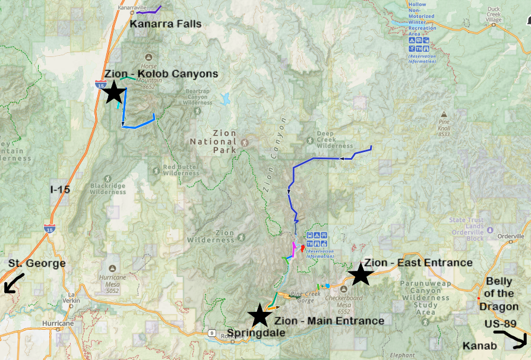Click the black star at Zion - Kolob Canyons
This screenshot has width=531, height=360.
click(x=114, y=93)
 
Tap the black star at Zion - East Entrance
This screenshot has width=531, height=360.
click(x=361, y=274)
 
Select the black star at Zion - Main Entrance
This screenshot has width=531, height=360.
click(x=260, y=315)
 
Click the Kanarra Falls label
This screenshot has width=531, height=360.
click(x=166, y=24)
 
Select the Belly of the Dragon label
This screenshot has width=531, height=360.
click(x=500, y=294)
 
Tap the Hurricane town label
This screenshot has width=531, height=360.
click(x=57, y=324)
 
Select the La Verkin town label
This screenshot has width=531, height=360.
click(x=74, y=296)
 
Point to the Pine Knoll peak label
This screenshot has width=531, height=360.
click(x=444, y=128)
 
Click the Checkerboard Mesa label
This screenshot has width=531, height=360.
click(x=343, y=303)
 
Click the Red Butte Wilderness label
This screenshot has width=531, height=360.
click(x=180, y=170)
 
